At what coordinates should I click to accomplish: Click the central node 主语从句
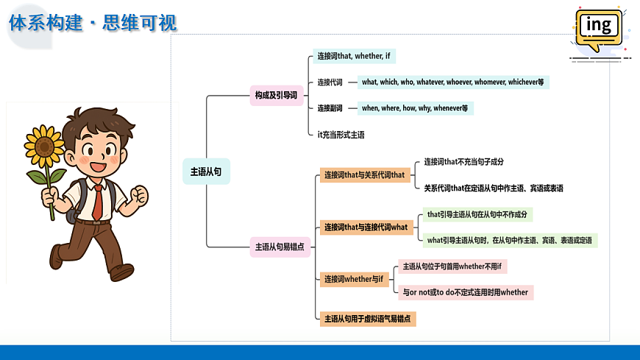(x=206, y=172)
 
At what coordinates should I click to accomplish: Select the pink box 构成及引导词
(x=277, y=95)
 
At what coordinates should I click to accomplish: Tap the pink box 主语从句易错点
(x=280, y=247)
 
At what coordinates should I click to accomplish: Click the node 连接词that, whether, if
(x=354, y=56)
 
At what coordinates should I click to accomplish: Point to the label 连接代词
(x=330, y=82)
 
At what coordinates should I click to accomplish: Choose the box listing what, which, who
(x=453, y=82)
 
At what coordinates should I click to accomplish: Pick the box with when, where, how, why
(x=415, y=108)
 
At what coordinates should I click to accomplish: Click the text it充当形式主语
(x=341, y=135)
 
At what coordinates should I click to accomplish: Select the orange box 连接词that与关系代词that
(x=365, y=175)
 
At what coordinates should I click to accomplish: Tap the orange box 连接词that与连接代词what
(x=366, y=227)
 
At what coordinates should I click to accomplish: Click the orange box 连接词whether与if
(x=355, y=280)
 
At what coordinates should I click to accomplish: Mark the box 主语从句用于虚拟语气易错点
(x=368, y=319)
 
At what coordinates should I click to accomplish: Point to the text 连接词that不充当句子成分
(x=463, y=162)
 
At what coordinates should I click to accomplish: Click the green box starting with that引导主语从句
(x=477, y=214)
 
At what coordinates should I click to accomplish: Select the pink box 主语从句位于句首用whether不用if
(x=452, y=267)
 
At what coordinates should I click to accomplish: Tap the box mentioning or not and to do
(x=466, y=292)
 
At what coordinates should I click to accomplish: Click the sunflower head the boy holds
(x=44, y=146)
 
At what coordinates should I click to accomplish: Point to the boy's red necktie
(x=98, y=202)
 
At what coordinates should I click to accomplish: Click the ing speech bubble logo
(x=599, y=29)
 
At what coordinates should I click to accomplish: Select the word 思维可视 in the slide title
(x=140, y=23)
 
